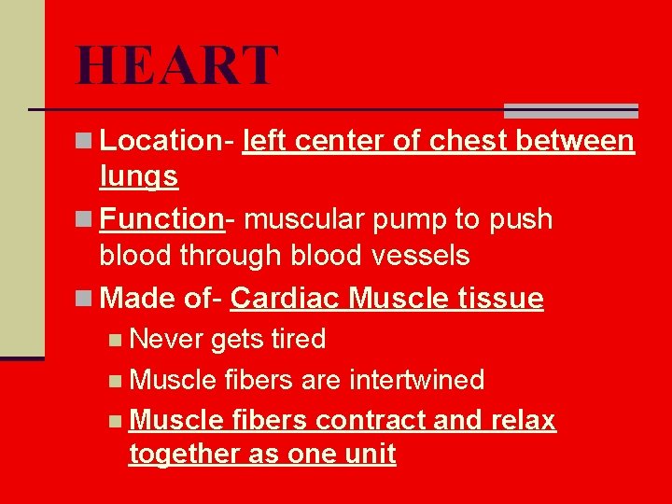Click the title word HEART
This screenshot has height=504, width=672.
pyautogui.click(x=177, y=65)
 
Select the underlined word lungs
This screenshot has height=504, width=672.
pyautogui.click(x=138, y=175)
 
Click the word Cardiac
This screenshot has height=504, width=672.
pyautogui.click(x=286, y=299)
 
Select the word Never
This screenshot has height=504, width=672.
pyautogui.click(x=167, y=339)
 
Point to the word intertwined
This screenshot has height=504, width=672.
pyautogui.click(x=416, y=380)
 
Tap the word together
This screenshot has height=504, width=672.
pyautogui.click(x=183, y=455)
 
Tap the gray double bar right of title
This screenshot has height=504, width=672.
pyautogui.click(x=570, y=110)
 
